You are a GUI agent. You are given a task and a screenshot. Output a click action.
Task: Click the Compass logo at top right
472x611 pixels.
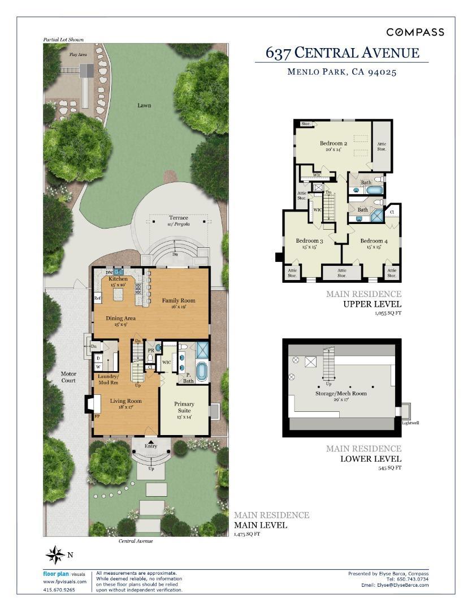coord(415,32)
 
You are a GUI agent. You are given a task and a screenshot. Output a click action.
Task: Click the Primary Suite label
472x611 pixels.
coord(184,407)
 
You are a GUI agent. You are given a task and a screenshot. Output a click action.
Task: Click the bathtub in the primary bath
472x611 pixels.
coord(201,372)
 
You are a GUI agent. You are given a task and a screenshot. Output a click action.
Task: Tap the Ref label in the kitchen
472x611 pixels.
coord(97,299)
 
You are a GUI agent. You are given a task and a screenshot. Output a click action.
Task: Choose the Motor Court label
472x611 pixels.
coord(68,377)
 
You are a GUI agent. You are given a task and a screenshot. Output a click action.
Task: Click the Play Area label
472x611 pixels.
coord(78,54)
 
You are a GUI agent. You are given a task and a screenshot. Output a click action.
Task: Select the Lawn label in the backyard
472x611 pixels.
coord(144,105)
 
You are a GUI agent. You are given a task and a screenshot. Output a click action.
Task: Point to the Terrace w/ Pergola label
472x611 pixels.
coord(179,221)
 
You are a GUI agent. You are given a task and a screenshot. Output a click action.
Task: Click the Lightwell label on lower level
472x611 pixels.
coord(410,423)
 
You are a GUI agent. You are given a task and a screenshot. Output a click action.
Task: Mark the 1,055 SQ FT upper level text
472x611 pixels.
coord(387,313)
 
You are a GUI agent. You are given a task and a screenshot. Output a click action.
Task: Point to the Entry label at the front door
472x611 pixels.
coord(151,446)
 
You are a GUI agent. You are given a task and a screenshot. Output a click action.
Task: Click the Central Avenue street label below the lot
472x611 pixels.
coord(136,541)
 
